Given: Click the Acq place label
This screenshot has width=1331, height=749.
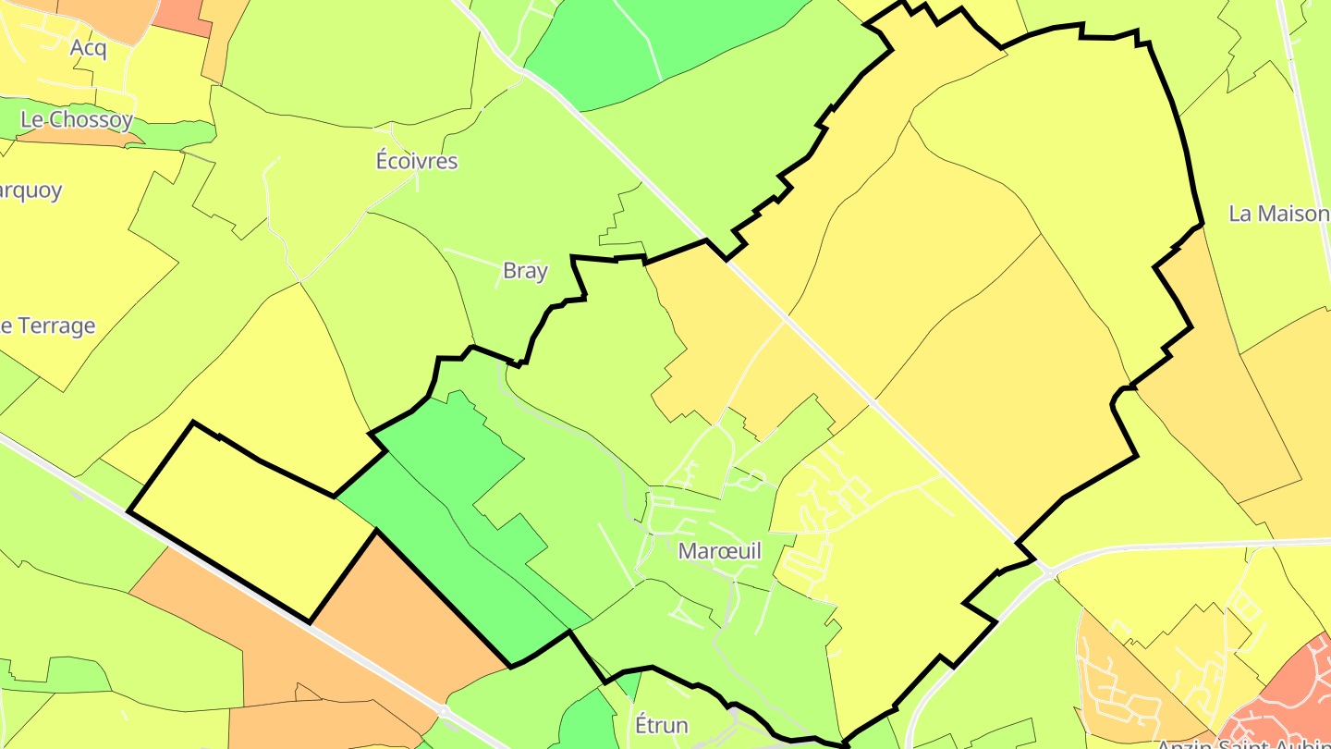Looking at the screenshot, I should click(x=88, y=48).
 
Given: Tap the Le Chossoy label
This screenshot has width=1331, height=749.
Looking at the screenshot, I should click(x=77, y=119).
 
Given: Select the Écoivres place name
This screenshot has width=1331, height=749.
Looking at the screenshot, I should click(x=416, y=161).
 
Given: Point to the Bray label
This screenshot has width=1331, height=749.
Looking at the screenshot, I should click(x=525, y=271).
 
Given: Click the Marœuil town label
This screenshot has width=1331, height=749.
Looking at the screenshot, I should click(x=720, y=551).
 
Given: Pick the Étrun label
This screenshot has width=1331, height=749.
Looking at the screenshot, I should click(x=662, y=724).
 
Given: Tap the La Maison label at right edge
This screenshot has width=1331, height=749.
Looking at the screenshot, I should click(x=1278, y=214).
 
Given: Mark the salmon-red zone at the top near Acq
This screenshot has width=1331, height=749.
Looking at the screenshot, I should click(x=180, y=14).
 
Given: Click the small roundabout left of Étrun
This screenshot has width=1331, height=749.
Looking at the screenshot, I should click(x=444, y=711).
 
